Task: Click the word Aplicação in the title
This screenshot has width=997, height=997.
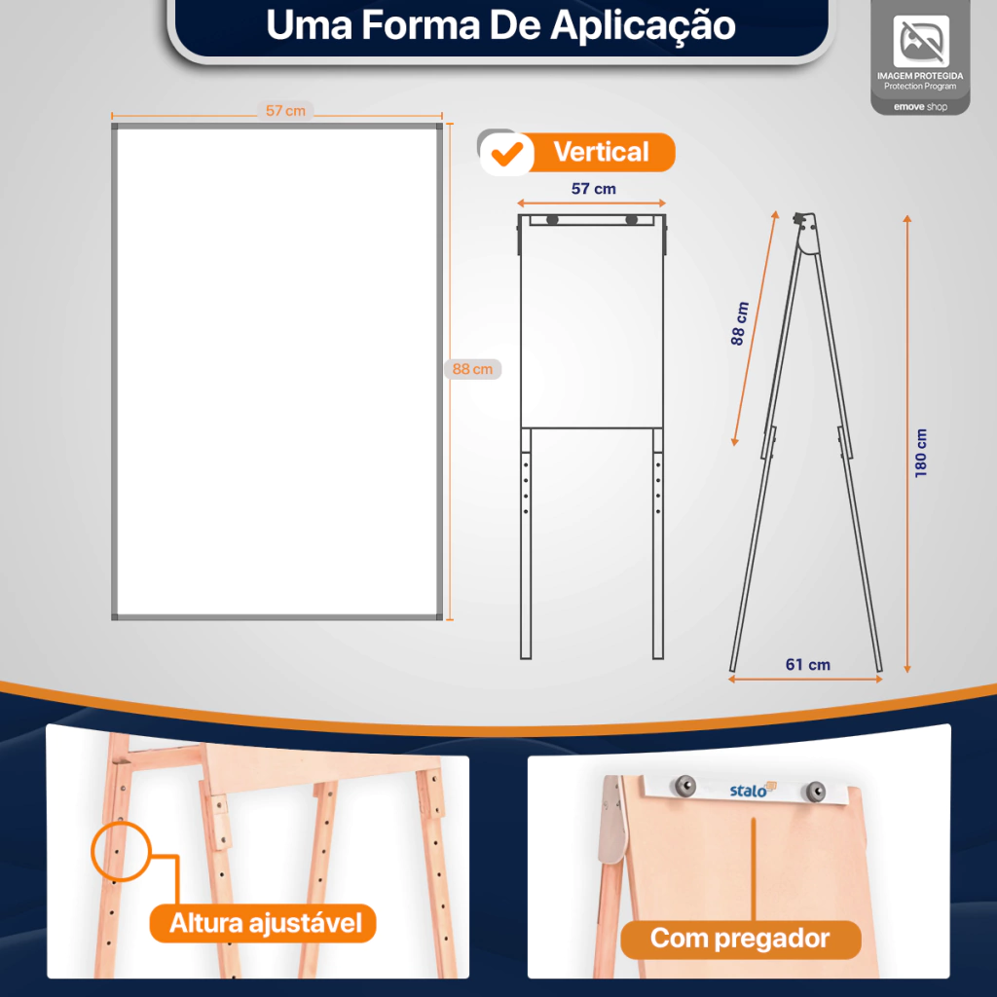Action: pos(643,26)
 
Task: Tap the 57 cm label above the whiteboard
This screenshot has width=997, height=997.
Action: pos(285,111)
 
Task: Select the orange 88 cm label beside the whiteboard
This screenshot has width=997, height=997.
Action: pos(472,369)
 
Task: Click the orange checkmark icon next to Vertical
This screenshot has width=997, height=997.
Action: pos(506,154)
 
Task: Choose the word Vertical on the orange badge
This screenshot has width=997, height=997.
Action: pos(601,152)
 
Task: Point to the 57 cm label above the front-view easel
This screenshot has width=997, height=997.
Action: pos(593,189)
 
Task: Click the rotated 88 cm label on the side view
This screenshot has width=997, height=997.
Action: pos(740,323)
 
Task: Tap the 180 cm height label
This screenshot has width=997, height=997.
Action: pos(921,453)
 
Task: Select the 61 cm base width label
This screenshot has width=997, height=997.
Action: pos(807,664)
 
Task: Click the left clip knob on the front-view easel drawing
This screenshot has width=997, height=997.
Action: pos(552,220)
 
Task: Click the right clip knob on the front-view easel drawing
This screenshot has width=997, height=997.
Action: pos(631,220)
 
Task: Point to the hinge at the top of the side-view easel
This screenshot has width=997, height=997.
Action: pos(805,232)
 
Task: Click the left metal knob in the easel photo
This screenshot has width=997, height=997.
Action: pos(684,786)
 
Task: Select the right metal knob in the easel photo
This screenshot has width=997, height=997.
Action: pos(816,791)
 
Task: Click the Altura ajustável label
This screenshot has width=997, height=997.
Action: pos(265,923)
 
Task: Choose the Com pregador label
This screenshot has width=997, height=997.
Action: pos(740,939)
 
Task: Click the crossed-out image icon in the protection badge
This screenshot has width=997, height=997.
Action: pos(921,41)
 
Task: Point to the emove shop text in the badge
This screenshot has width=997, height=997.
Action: pos(920,107)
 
